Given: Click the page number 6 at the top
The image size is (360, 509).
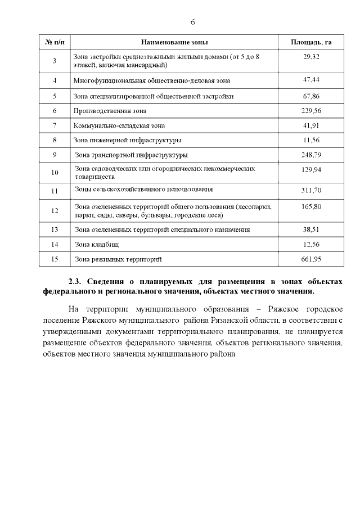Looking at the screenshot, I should [192, 22].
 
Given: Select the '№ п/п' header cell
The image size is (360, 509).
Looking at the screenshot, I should [55, 43].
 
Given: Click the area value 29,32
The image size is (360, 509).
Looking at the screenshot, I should [310, 57].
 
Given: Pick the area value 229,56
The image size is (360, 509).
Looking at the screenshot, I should [310, 111].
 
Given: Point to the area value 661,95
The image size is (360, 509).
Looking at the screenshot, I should [310, 259].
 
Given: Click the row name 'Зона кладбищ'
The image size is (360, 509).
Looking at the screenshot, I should [97, 244].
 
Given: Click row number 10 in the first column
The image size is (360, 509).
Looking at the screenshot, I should [55, 173].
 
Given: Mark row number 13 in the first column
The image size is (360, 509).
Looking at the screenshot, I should [55, 229].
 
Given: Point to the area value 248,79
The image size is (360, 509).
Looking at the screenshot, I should [310, 155].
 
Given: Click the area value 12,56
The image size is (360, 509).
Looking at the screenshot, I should [310, 244].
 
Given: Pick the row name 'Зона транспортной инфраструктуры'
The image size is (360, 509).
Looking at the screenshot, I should [131, 155].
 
